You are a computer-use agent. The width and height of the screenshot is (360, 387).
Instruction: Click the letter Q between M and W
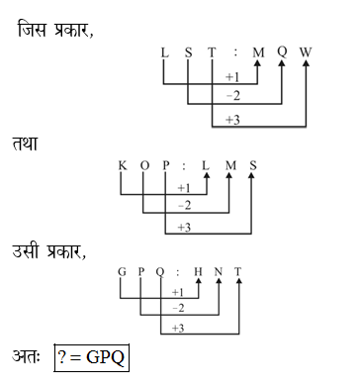[282, 48]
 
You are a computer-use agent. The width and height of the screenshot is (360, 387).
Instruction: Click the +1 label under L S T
[234, 77]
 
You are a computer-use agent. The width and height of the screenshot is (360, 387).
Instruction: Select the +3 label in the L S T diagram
[234, 121]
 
